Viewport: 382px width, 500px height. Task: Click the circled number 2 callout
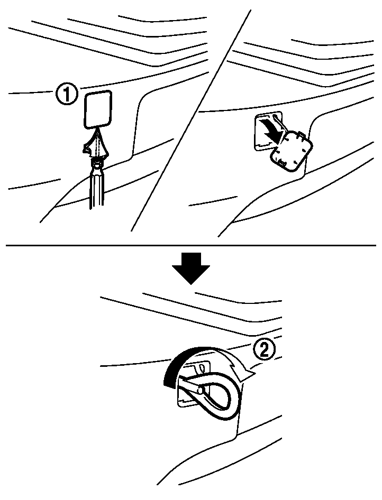[264, 351]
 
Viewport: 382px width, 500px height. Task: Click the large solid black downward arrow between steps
[191, 268]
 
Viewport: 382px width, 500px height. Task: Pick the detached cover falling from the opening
[292, 152]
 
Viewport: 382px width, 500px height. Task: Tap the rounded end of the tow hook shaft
[201, 388]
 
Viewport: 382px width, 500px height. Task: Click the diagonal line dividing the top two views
[190, 121]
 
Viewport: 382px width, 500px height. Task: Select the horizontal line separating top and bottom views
[191, 245]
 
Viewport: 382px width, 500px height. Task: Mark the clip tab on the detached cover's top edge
[299, 135]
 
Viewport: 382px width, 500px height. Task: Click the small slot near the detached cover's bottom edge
[283, 164]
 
